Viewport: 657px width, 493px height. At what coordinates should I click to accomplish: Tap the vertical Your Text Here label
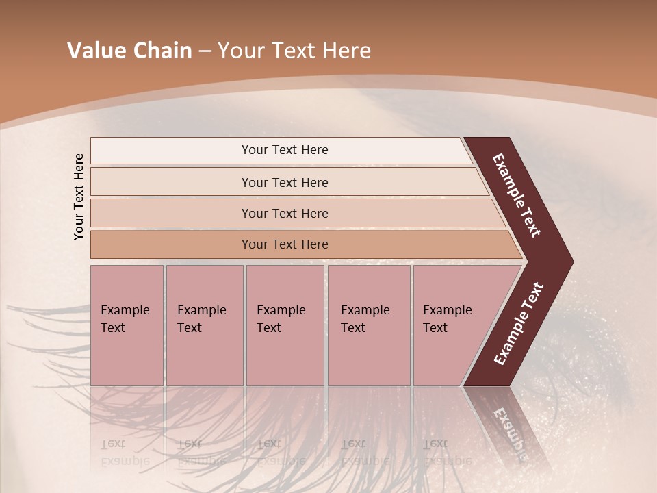coord(79,197)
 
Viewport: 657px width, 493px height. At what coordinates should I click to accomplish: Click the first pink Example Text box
coord(127,325)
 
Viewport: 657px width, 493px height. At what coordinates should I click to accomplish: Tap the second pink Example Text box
coord(204,325)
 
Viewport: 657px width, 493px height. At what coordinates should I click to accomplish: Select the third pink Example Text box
coord(285,325)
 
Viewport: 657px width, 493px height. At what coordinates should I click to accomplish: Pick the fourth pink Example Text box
coord(368,325)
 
